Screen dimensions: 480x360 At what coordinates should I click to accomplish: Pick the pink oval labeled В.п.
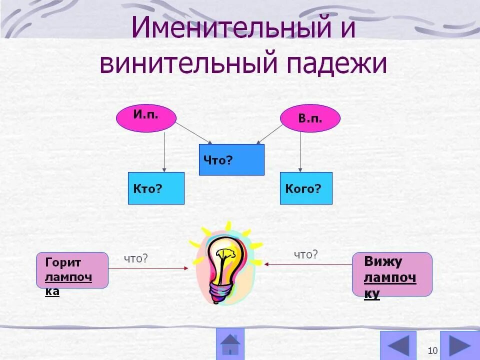point(310,118)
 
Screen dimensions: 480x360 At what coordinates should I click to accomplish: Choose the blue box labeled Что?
point(231,159)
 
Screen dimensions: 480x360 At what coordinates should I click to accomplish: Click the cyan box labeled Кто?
point(156,188)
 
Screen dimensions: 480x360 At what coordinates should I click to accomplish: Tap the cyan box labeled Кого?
point(306,188)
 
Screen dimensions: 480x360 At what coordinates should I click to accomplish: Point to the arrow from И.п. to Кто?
point(164,152)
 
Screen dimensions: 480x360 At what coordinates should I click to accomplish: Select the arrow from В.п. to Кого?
point(300,152)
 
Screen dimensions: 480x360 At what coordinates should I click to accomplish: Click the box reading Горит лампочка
point(72,270)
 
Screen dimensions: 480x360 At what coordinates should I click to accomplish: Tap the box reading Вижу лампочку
point(392,274)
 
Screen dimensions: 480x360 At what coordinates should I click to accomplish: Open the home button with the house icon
point(230,343)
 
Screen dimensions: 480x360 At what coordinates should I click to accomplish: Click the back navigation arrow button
point(398,345)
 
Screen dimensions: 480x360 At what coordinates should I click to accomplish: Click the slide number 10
point(433,349)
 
